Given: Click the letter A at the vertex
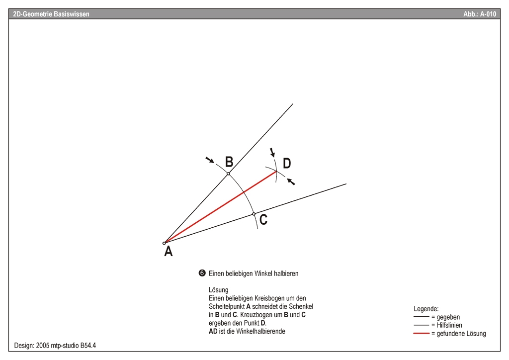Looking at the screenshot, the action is (x=168, y=251).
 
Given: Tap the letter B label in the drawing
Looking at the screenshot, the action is (x=229, y=161).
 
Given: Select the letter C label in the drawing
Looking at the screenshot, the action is (x=263, y=220).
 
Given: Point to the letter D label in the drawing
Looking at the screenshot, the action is (x=287, y=163).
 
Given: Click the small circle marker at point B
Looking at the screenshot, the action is (x=228, y=174).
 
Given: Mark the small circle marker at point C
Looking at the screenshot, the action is (x=254, y=214).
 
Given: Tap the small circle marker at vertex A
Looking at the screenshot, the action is (x=164, y=243).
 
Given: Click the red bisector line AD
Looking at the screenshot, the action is (x=220, y=207).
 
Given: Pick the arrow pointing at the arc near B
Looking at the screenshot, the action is (x=210, y=160).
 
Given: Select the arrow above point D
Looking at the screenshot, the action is (x=272, y=152).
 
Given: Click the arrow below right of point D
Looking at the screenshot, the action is (x=291, y=182).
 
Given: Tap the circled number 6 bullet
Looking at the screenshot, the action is (x=202, y=273).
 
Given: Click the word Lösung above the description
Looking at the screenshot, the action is (x=219, y=290).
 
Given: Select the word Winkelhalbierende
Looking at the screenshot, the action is (x=260, y=332).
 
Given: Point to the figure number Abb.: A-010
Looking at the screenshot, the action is (x=480, y=14).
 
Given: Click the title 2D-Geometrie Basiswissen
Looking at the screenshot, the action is (x=51, y=14).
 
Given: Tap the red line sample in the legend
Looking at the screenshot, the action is (x=422, y=333).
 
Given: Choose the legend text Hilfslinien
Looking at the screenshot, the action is (x=449, y=325).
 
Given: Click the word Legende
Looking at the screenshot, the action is (x=426, y=309).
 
